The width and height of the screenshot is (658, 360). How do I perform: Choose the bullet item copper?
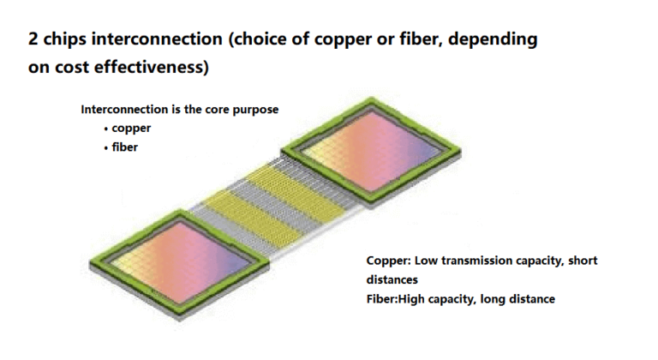coord(131,128)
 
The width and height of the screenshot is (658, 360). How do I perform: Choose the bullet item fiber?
coord(125,146)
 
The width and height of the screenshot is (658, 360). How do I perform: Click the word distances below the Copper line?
coord(392,279)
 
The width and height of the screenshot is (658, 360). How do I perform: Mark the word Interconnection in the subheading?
coord(124,110)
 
